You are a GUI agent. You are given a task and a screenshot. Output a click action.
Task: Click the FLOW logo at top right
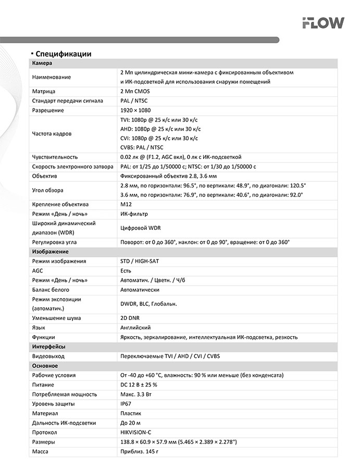click(323, 22)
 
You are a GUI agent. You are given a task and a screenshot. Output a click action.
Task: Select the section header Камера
click(42, 63)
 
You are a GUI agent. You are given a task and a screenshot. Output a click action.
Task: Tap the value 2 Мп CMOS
click(134, 91)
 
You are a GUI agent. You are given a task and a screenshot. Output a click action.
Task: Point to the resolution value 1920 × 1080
click(135, 110)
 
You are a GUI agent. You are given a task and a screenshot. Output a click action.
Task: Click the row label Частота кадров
click(52, 133)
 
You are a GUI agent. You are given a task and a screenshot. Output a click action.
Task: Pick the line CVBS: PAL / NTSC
click(141, 147)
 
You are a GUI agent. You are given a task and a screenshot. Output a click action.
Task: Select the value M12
click(126, 204)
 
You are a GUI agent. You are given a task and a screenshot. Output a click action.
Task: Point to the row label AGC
click(38, 270)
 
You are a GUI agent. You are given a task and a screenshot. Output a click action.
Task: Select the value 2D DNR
click(130, 318)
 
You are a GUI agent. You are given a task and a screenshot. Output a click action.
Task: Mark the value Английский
click(135, 327)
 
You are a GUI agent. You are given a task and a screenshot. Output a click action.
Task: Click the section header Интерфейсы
click(48, 347)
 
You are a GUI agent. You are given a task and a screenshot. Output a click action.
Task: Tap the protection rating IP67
click(126, 403)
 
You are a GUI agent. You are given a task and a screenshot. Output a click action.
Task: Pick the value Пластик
click(131, 413)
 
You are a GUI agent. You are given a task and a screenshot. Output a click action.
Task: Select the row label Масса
click(40, 451)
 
